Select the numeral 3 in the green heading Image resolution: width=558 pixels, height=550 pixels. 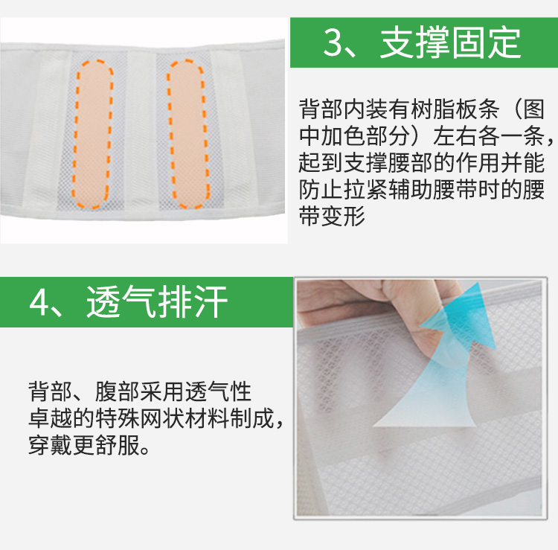(x=336, y=42)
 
